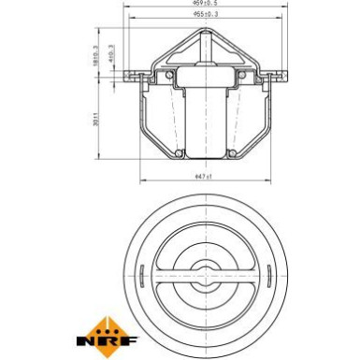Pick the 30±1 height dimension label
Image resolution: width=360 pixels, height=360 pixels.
tap(95, 122)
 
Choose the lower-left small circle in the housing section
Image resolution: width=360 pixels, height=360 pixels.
tap(175, 151)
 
